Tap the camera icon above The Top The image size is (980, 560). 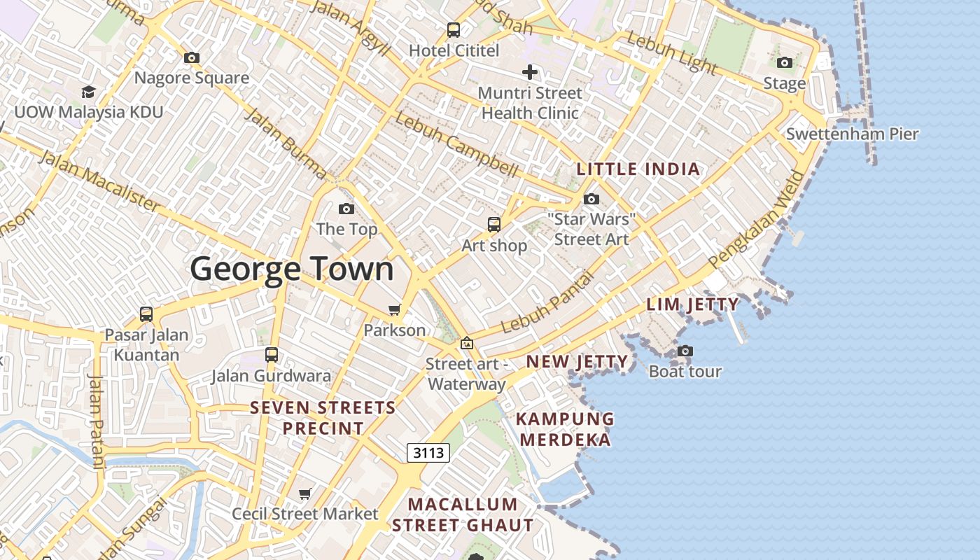coord(346,209)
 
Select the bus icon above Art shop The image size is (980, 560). coord(494,225)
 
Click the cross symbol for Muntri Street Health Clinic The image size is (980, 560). coord(530,71)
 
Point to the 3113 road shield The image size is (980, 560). coord(428,453)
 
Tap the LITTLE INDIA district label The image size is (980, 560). coord(638,169)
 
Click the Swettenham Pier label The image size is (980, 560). coord(852,134)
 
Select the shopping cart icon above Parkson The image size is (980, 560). coord(395,309)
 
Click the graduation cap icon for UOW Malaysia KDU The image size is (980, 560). coord(88,92)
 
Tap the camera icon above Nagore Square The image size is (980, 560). coord(192,57)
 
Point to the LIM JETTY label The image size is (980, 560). coord(692,304)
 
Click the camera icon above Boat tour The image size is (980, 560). coord(685,351)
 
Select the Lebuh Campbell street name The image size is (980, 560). coord(456,143)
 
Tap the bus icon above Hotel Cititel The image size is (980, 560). coord(454,30)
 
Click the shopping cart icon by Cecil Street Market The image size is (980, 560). coord(305,494)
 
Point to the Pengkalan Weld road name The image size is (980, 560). coord(758,219)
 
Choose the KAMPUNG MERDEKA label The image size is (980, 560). coord(564,429)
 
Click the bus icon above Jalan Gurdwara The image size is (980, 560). coord(272,355)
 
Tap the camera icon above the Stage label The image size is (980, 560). coord(785,63)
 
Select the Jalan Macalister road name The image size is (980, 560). coord(99,180)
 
